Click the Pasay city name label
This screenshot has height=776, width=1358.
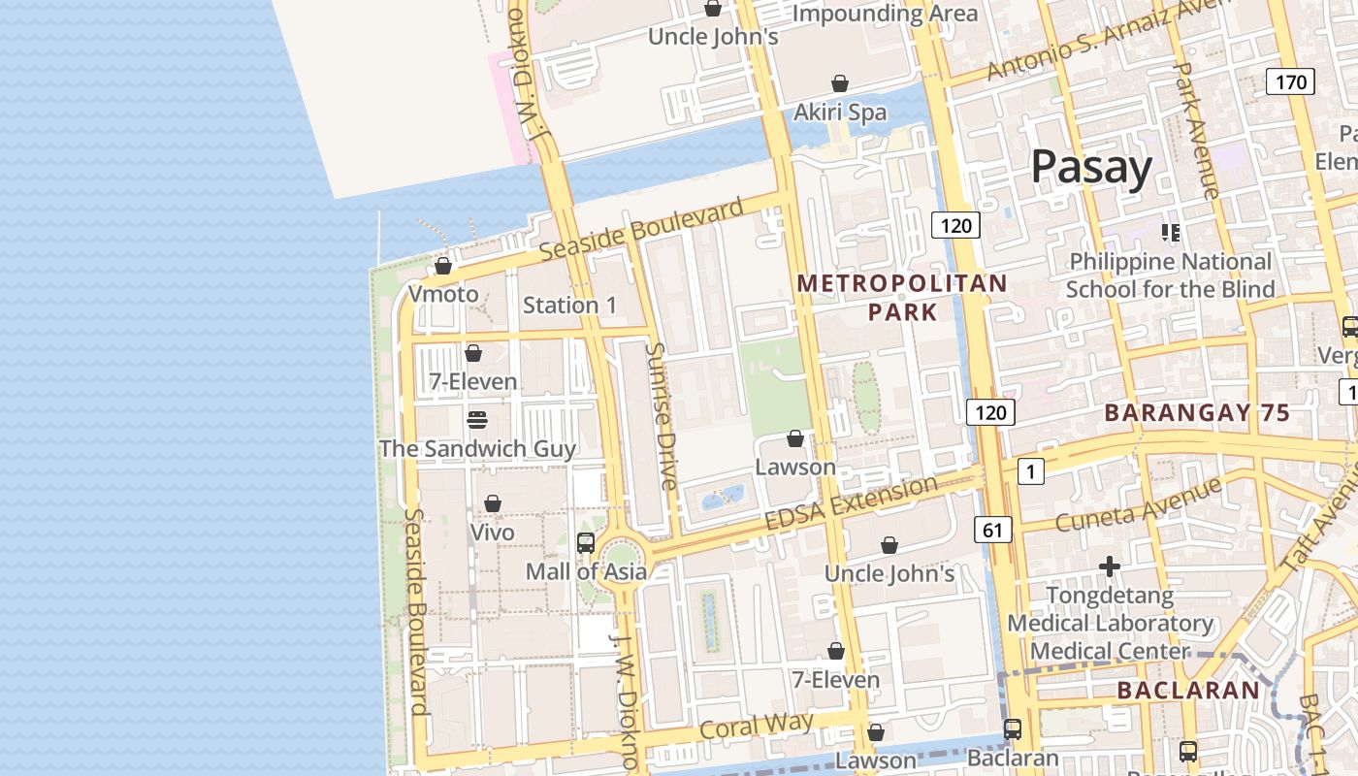tap(1091, 167)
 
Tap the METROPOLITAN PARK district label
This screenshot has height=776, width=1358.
tap(902, 297)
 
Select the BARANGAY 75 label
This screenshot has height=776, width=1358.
tap(1197, 413)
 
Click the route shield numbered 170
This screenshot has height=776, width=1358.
tap(1290, 82)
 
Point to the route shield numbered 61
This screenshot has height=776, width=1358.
tap(992, 530)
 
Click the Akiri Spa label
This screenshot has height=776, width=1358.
tap(840, 113)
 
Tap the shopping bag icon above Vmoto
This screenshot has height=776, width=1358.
tap(443, 266)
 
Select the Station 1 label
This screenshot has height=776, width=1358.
tap(569, 305)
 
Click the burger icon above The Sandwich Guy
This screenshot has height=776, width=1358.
tap(476, 420)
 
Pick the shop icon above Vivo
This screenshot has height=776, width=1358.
tap(493, 503)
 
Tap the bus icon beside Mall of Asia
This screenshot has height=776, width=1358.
tap(586, 543)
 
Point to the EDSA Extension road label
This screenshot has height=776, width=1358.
tap(851, 503)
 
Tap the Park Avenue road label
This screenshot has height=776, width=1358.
tap(1195, 131)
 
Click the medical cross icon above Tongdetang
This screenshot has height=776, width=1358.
tap(1110, 566)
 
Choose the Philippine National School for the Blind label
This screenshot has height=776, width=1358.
tap(1170, 275)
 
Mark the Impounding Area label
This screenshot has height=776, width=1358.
tap(885, 14)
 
